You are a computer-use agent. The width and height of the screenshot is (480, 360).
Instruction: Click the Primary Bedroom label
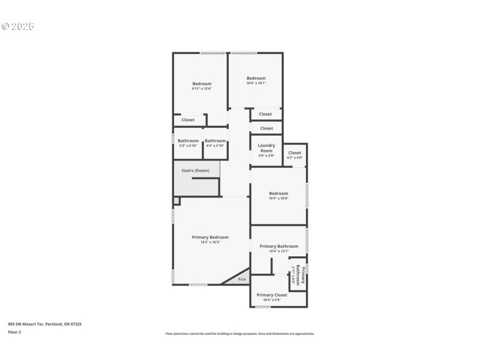[x=210, y=237]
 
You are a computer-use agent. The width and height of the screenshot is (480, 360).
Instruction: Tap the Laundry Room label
[x=266, y=148]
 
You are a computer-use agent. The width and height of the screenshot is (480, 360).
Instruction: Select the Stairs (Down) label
[x=196, y=171]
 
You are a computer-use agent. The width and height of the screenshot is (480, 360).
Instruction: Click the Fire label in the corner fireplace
[x=242, y=280]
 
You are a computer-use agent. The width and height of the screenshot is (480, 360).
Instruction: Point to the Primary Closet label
[x=272, y=295]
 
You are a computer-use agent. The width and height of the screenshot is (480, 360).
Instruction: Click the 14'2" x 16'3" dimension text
[x=210, y=242]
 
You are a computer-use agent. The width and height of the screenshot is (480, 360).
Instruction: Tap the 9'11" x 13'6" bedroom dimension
[x=202, y=89]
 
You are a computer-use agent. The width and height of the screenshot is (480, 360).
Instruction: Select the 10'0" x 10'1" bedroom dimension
[x=256, y=83]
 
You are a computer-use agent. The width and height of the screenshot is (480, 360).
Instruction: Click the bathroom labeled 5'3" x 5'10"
[x=188, y=143]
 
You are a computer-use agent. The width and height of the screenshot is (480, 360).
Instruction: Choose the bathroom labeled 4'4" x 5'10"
[x=215, y=143]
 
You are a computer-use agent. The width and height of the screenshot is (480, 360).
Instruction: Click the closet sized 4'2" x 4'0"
[x=295, y=155]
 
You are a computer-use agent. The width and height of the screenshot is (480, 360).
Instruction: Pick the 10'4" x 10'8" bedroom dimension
[x=278, y=199]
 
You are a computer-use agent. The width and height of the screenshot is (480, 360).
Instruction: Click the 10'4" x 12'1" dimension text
[x=278, y=251]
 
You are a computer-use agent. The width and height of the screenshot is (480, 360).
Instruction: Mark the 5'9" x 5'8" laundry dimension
[x=266, y=156]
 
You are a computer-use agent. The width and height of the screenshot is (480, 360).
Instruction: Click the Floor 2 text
[x=14, y=332]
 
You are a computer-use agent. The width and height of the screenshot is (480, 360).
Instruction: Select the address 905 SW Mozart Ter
[x=44, y=324]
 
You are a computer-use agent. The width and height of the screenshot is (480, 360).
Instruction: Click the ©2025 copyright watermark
[x=18, y=26]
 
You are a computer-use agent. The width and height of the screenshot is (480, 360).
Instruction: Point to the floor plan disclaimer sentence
[x=239, y=334]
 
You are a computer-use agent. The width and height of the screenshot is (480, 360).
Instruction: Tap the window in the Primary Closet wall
[x=263, y=307]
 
